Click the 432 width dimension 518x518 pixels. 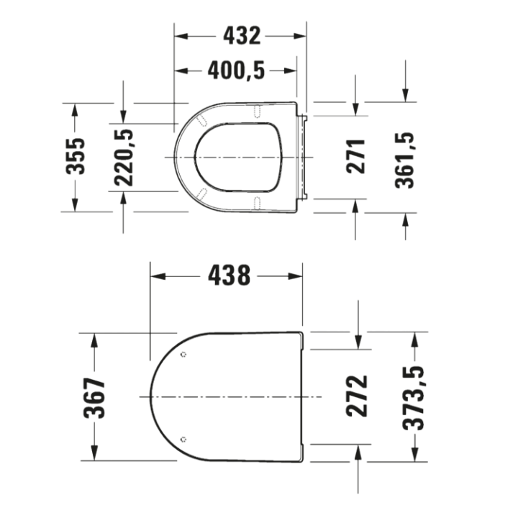(241, 35)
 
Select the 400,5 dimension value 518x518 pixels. (237, 70)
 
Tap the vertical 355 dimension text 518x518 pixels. (76, 156)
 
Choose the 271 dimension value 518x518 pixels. (358, 156)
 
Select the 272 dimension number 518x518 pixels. (358, 396)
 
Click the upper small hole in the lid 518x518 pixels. (184, 355)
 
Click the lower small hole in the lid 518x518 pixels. (184, 439)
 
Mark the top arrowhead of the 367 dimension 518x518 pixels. (94, 338)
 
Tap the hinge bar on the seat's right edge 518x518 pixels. (305, 156)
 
